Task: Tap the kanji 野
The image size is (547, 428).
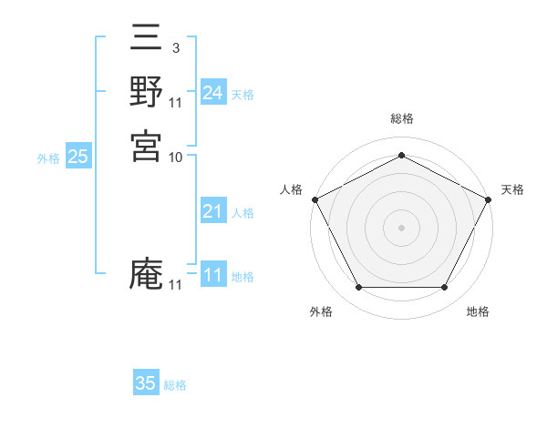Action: click(x=146, y=93)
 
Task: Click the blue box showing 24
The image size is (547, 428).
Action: click(x=213, y=93)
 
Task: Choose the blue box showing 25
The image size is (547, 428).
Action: click(x=78, y=157)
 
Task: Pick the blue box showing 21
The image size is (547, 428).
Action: click(x=213, y=211)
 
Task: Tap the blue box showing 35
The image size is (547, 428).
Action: click(x=146, y=383)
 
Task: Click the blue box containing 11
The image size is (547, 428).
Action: click(x=213, y=275)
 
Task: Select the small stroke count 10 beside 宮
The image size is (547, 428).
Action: click(x=176, y=157)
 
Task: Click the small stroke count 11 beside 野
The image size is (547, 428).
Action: click(x=176, y=101)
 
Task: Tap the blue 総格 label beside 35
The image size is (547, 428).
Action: click(x=175, y=385)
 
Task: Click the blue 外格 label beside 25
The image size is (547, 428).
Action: click(x=48, y=158)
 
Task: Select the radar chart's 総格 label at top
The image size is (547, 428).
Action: click(x=402, y=118)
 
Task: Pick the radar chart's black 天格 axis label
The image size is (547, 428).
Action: click(x=512, y=189)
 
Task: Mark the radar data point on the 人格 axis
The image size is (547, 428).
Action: click(x=315, y=199)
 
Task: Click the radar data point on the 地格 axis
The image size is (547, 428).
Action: click(x=444, y=287)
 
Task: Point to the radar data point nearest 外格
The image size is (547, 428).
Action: click(x=358, y=287)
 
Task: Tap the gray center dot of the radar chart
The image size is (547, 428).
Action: click(x=401, y=227)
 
